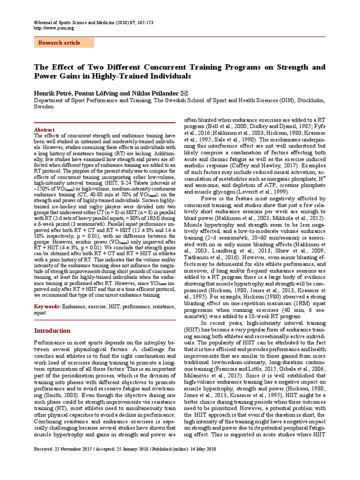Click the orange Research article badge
64,43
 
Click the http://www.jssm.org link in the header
54,28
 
